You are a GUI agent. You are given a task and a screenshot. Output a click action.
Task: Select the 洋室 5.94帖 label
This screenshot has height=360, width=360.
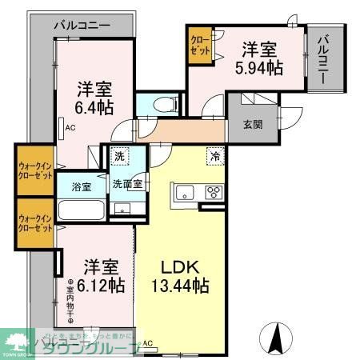[x=258, y=58]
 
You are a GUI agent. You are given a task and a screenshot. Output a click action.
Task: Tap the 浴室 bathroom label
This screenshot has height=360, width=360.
[x=81, y=186]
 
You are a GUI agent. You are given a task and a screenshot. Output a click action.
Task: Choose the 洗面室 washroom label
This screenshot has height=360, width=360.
[x=126, y=184]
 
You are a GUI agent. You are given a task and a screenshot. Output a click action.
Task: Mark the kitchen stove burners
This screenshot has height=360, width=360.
[x=214, y=192]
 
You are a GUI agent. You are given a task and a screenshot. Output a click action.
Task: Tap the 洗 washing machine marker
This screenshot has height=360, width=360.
[x=118, y=156]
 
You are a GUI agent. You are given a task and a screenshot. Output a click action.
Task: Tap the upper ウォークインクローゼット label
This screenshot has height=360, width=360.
[x=34, y=170]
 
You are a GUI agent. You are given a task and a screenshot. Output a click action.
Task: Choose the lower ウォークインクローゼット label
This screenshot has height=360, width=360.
[x=34, y=222]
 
